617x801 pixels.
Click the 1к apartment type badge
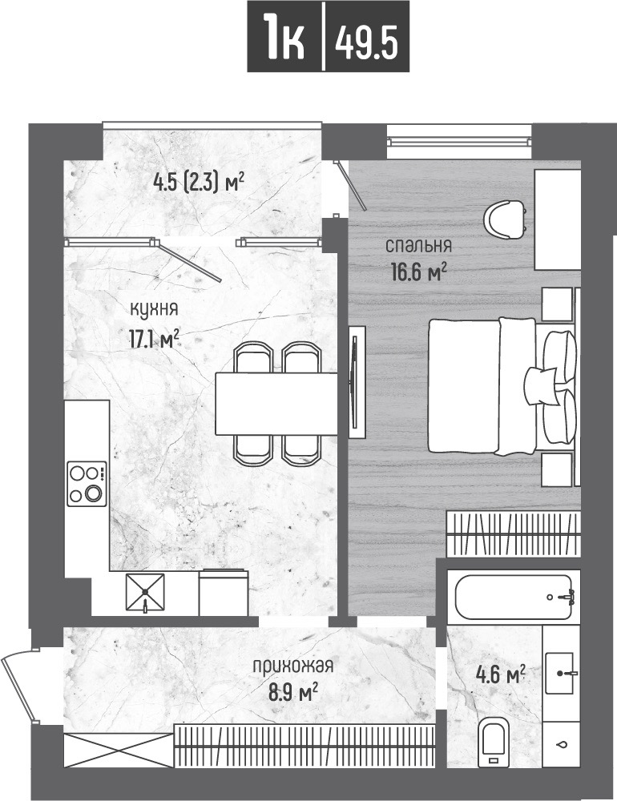[x=284, y=36]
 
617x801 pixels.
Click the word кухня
[x=155, y=310]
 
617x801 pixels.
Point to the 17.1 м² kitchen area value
[x=155, y=339]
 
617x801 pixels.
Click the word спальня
[x=418, y=246]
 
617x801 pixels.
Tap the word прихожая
[x=293, y=666]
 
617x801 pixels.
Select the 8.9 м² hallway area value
[x=293, y=694]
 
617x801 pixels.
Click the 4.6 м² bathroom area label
[x=501, y=676]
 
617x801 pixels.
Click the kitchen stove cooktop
[x=87, y=483]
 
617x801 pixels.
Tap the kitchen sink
[x=146, y=592]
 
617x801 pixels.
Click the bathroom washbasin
[x=561, y=674]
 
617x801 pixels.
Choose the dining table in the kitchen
[x=276, y=404]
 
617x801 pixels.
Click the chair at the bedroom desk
[x=504, y=219]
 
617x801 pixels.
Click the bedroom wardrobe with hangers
[x=514, y=533]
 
